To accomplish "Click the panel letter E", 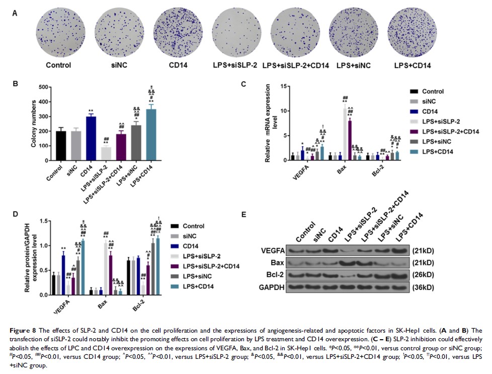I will [244, 214].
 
